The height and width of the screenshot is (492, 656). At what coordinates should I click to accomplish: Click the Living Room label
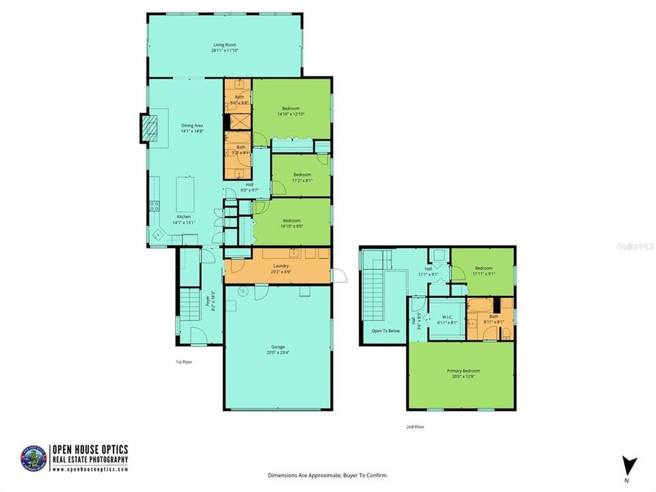224,44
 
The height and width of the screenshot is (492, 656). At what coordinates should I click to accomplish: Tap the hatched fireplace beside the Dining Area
148,127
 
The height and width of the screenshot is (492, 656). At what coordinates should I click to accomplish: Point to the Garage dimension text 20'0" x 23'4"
278,353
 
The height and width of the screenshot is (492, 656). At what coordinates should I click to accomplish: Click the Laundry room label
280,266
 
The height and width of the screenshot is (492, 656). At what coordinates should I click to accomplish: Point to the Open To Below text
385,331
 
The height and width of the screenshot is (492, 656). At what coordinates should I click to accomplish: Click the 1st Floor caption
182,362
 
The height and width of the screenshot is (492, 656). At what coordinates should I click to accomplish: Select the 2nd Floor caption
415,426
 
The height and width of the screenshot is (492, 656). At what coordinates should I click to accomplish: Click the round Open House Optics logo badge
36,458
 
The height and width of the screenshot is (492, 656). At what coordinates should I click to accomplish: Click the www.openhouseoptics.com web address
91,469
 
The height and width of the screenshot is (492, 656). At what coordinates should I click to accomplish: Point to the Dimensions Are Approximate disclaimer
328,475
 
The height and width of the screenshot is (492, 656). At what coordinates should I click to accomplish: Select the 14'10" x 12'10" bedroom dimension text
291,114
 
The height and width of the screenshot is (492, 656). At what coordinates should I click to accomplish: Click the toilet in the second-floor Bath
506,333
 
